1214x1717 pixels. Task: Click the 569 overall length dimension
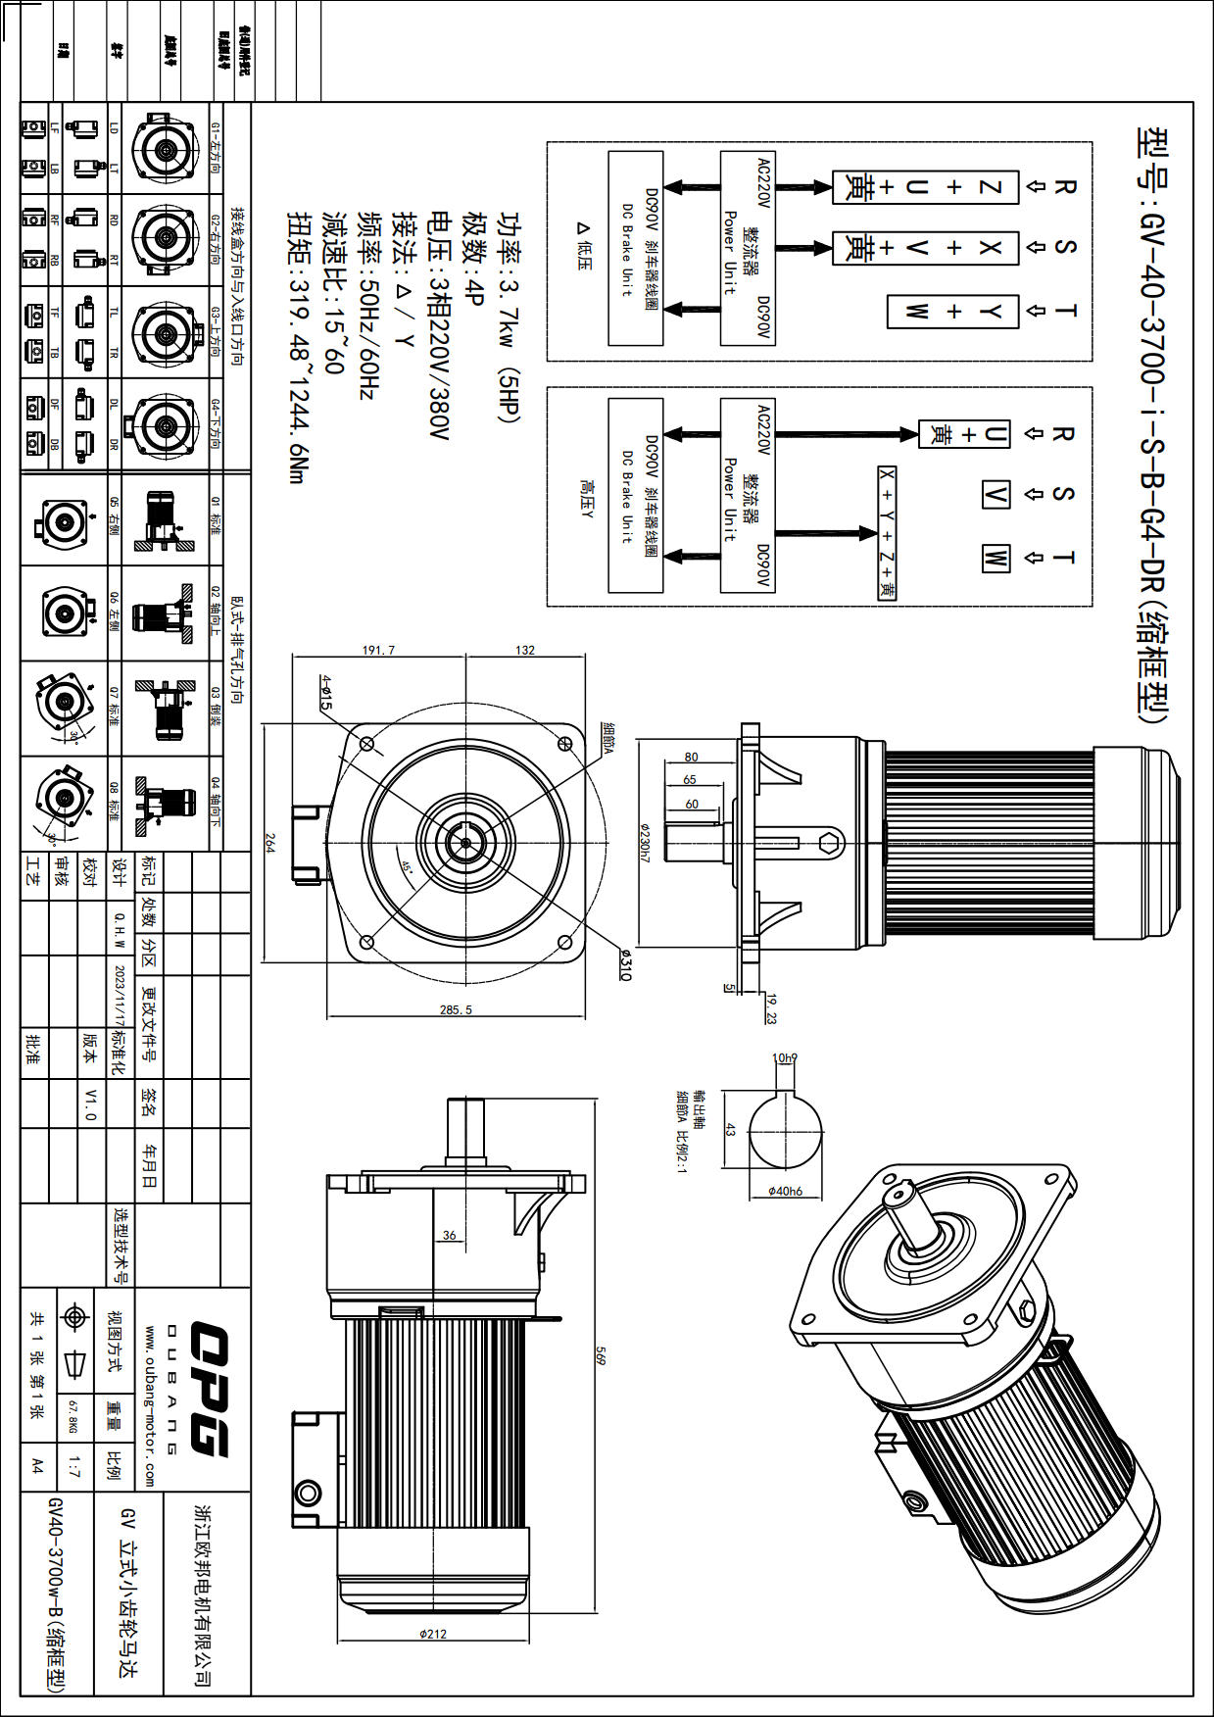(601, 1355)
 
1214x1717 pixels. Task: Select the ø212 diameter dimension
(432, 1634)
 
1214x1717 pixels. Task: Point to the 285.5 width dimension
(456, 1009)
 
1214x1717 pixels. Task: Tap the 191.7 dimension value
(378, 650)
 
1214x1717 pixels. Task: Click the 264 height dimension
(269, 843)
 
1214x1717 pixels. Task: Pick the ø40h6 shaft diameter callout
(785, 1191)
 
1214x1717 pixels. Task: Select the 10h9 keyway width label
(785, 1058)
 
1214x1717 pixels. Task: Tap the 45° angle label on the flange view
(407, 866)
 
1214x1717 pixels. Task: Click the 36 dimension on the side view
(449, 1235)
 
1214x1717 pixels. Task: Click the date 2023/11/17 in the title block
(120, 996)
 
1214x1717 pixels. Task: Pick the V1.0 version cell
(90, 1104)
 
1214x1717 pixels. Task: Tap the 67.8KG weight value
(72, 1417)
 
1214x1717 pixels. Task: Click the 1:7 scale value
(74, 1466)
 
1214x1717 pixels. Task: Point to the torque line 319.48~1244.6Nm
(297, 347)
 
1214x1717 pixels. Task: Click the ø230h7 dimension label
(644, 842)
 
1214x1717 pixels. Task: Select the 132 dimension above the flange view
(525, 650)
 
